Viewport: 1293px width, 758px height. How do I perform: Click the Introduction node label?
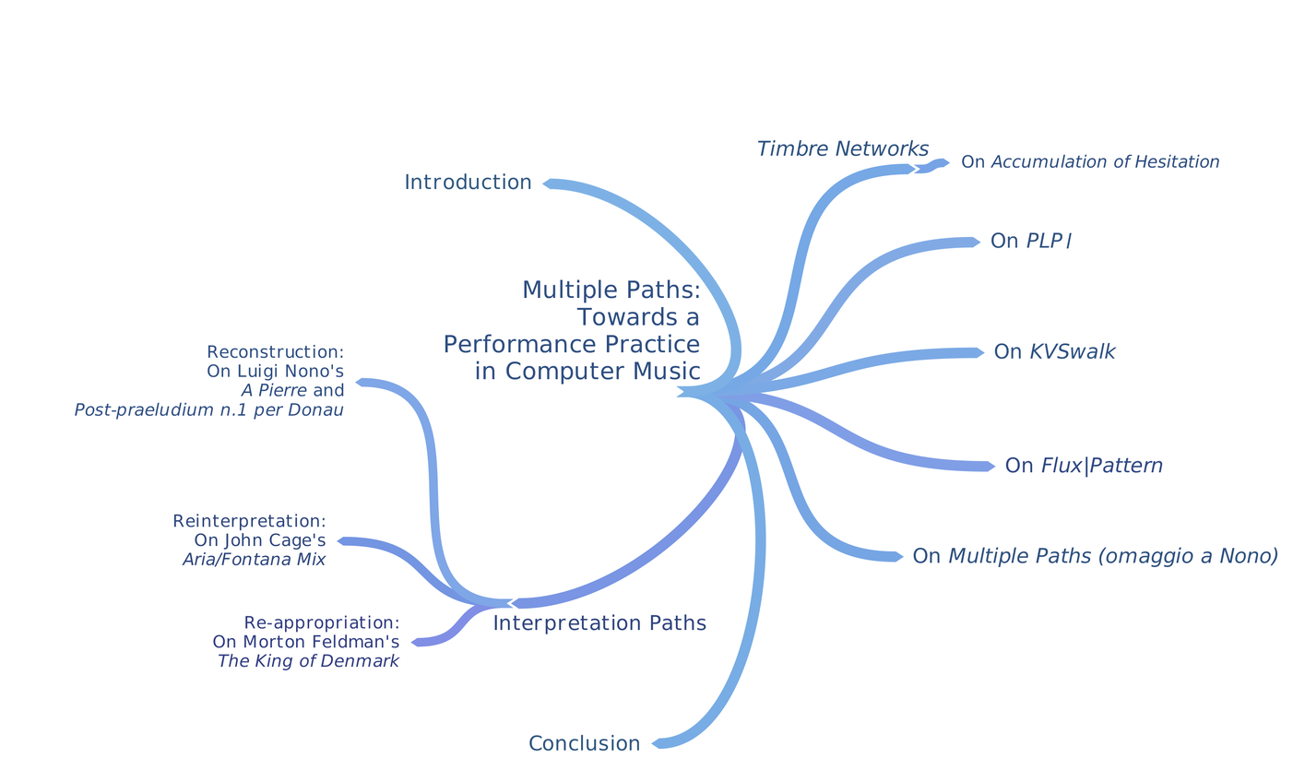point(468,183)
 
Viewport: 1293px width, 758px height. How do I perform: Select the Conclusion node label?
point(584,744)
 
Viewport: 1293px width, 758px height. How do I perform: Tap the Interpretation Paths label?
point(599,623)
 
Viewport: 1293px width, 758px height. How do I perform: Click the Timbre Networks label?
point(842,149)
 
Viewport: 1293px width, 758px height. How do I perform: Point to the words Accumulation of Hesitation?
point(1105,162)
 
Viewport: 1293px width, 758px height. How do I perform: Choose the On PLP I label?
point(1030,242)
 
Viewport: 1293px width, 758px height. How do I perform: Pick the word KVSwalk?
point(1073,352)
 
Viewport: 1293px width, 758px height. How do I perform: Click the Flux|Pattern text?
point(1101,466)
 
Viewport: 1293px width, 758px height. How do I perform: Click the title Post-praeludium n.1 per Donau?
point(208,410)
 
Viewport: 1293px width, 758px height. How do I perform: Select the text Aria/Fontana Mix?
point(254,560)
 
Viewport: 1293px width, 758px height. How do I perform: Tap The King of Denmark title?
point(308,661)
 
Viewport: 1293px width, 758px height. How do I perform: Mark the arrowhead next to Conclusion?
point(657,743)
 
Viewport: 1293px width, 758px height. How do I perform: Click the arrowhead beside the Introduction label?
point(548,184)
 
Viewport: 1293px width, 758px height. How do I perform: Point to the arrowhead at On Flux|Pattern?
point(990,467)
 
